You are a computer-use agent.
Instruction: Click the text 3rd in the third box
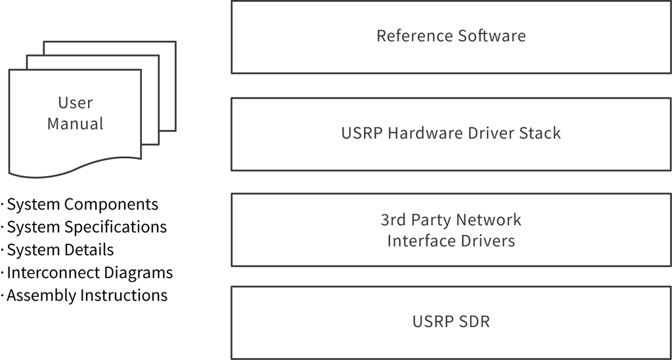[x=393, y=219]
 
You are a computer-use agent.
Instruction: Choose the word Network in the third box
[x=489, y=219]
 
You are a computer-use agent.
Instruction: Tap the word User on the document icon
[x=76, y=102]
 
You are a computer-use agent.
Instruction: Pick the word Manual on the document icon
[x=76, y=124]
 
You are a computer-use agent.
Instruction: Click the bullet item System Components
[x=82, y=204]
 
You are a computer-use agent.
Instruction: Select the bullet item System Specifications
[x=86, y=227]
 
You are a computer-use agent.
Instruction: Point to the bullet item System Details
[x=60, y=250]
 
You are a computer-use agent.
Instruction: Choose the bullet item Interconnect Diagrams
[x=89, y=273]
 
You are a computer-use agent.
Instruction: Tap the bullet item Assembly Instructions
[x=87, y=296]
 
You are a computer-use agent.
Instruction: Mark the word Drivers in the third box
[x=485, y=240]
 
